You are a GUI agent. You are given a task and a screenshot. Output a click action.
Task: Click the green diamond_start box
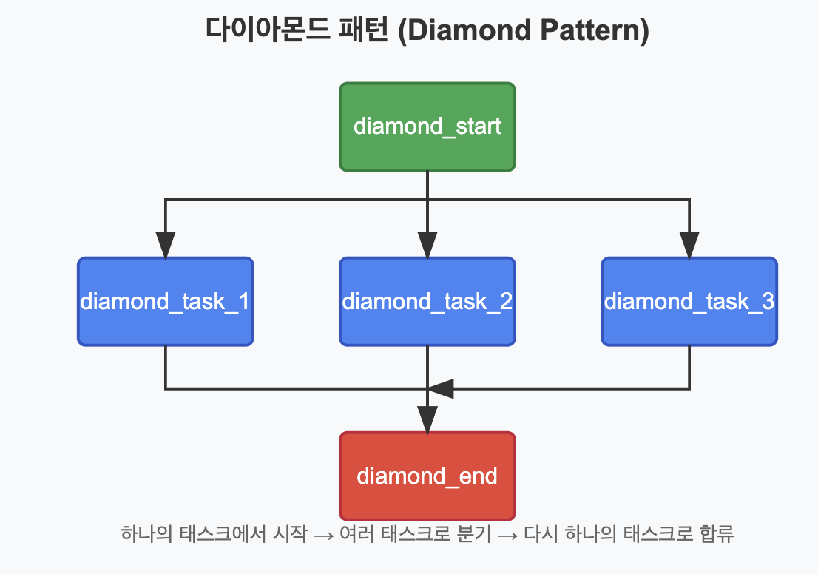427,126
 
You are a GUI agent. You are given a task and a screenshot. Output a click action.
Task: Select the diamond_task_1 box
166,302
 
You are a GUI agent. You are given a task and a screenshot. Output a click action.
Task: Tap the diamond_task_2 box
427,302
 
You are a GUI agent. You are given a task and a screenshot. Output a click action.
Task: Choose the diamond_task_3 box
689,302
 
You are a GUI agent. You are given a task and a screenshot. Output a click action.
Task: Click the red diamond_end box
427,476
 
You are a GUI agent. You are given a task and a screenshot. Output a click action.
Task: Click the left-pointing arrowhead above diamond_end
441,389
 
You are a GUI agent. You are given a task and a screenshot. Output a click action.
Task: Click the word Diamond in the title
468,30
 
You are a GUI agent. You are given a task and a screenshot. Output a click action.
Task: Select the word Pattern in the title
589,30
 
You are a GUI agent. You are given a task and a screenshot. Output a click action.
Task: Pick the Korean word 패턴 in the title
364,30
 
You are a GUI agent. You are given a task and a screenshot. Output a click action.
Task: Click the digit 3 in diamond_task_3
768,302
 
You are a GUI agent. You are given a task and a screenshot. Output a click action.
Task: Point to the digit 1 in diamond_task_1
243,302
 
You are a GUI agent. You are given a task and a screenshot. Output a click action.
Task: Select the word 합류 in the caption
717,534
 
